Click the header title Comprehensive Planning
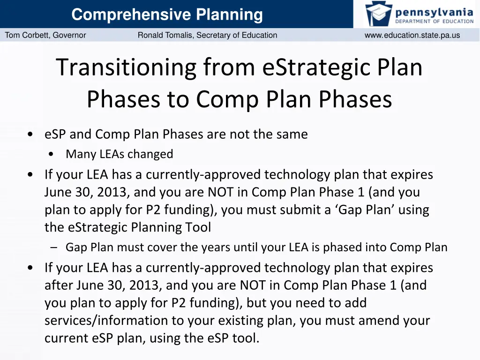[x=167, y=15]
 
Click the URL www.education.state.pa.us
[x=412, y=35]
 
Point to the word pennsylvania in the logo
[x=434, y=11]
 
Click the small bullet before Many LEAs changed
[x=51, y=154]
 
